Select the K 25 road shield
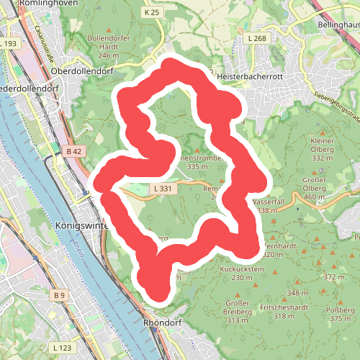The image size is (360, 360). click(150, 13)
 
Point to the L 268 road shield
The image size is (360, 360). click(256, 39)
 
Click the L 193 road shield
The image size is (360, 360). click(9, 44)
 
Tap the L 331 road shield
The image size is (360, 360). click(162, 188)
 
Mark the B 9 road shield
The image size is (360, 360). click(60, 295)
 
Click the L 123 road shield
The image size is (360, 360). click(63, 348)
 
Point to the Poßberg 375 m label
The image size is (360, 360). click(340, 313)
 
